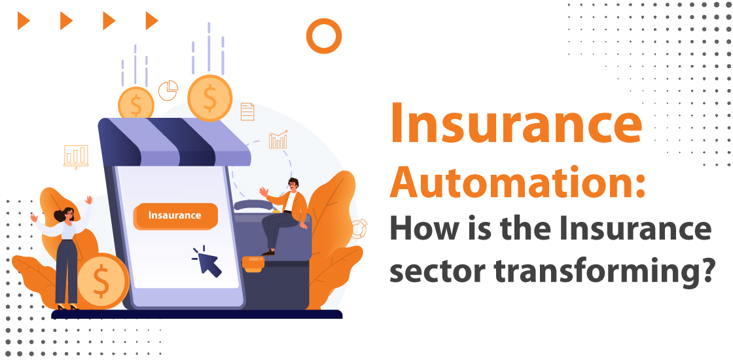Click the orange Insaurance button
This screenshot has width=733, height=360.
pyautogui.click(x=175, y=215)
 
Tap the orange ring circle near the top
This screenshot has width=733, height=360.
pyautogui.click(x=323, y=35)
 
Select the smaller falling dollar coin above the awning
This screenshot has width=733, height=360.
pyautogui.click(x=136, y=104)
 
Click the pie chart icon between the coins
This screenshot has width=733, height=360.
pyautogui.click(x=168, y=90)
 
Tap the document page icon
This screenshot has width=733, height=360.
pyautogui.click(x=247, y=111)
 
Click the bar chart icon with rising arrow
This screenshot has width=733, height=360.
pyautogui.click(x=278, y=139)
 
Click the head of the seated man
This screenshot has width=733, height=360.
pyautogui.click(x=293, y=183)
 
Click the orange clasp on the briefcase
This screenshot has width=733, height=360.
pyautogui.click(x=253, y=263)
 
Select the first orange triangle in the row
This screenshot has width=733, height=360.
pyautogui.click(x=24, y=21)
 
